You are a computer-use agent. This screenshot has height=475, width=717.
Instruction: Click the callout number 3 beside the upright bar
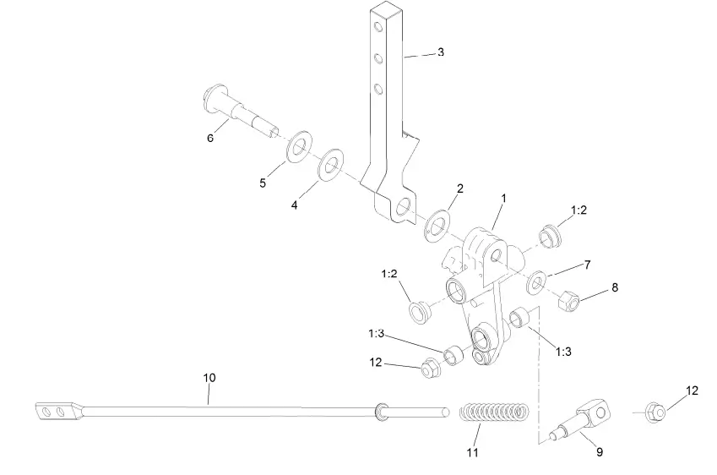click(x=440, y=52)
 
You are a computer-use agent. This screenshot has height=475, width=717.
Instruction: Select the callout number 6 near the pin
click(x=210, y=139)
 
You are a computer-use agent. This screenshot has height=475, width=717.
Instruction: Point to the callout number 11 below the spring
click(x=473, y=453)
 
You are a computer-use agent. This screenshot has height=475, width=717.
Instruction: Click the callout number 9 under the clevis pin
click(x=599, y=453)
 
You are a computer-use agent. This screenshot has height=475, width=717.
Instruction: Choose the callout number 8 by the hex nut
click(x=615, y=287)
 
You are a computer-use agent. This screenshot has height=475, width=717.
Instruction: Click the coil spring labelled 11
click(x=495, y=412)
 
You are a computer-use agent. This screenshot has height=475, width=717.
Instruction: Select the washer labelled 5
click(x=297, y=149)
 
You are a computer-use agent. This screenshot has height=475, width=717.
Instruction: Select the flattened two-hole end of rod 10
click(x=58, y=412)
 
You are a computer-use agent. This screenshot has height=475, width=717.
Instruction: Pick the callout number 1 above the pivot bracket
click(x=503, y=198)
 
